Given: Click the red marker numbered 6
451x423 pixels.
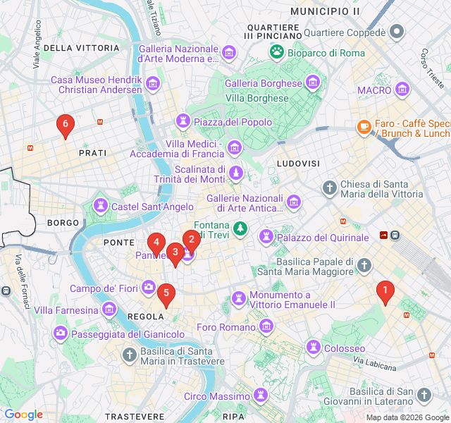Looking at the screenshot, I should [65, 125].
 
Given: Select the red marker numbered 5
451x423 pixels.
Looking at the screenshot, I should [166, 294].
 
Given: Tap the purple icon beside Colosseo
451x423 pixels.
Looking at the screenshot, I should [314, 347].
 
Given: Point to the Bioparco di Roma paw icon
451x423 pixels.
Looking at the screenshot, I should [277, 51].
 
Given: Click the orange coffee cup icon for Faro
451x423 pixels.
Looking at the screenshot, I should [364, 127].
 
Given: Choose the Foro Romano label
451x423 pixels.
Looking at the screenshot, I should [225, 327].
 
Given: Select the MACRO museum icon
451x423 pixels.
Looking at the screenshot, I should [402, 90].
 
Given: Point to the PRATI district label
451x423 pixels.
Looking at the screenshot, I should [92, 153].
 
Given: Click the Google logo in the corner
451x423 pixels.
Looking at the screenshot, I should [23, 415].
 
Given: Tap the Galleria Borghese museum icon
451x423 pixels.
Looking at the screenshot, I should [314, 83].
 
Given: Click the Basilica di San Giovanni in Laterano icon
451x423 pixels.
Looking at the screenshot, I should [424, 395].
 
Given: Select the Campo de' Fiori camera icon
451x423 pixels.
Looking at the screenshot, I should [149, 287].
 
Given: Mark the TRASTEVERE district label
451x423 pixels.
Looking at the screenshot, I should [135, 417].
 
